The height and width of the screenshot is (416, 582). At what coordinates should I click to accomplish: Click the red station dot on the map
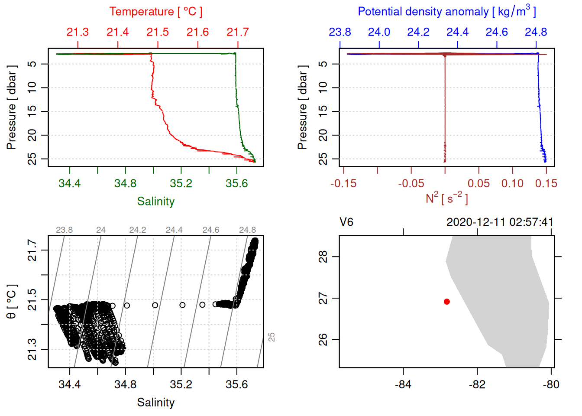coord(446,302)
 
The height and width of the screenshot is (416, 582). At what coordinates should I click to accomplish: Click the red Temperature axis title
coord(155,12)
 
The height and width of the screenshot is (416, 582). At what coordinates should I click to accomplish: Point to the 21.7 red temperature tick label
coord(238,32)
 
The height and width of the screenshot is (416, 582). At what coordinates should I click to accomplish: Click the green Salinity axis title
coord(155,201)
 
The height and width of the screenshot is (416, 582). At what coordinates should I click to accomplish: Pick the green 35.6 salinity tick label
coord(236,184)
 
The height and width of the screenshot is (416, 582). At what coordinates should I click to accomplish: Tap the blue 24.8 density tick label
coord(536,32)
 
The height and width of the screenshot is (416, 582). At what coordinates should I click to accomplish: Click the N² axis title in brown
coord(446,198)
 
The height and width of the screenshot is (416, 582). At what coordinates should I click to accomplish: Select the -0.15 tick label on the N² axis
coord(343,184)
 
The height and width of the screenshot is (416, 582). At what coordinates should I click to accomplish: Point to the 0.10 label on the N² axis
coord(512,184)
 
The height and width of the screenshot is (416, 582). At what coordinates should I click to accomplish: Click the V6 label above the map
coord(346,222)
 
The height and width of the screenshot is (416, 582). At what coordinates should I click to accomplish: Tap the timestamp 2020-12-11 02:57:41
coord(500,222)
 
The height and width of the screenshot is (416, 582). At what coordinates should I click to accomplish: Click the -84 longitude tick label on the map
coord(403,384)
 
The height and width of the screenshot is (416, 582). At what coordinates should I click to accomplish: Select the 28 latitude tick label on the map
coord(323,257)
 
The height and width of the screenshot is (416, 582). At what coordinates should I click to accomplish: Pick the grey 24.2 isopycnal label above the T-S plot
coord(137,230)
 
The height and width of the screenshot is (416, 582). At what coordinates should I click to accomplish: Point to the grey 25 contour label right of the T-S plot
coord(272,337)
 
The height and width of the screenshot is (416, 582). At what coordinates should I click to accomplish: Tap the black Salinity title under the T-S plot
coord(155,403)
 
